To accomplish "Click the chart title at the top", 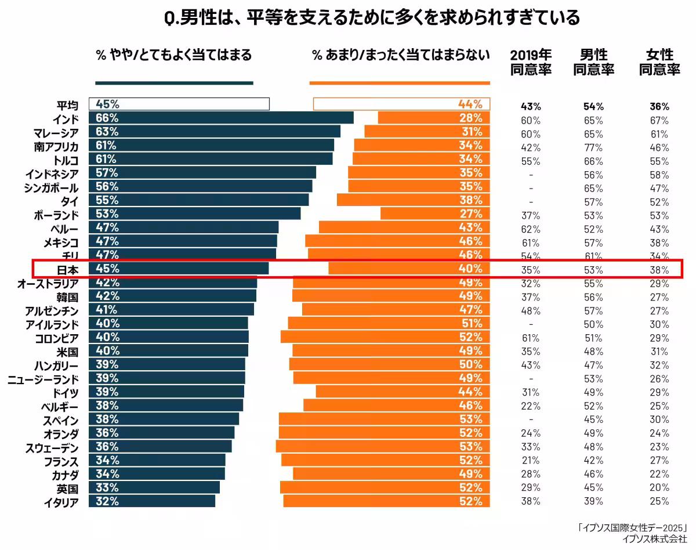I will tap(372, 19).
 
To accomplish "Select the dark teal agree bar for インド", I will tap(221, 118).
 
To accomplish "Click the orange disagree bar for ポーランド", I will tap(435, 214).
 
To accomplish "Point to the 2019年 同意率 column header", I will tap(531, 62).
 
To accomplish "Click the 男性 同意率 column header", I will tap(594, 62).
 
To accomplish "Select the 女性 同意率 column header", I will tap(659, 62).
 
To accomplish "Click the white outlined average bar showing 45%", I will tap(179, 104).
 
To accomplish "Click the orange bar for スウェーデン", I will tap(383, 446).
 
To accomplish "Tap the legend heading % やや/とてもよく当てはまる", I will tap(174, 55).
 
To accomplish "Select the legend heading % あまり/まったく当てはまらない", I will tap(401, 55).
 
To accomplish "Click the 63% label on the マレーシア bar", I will tap(107, 132).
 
